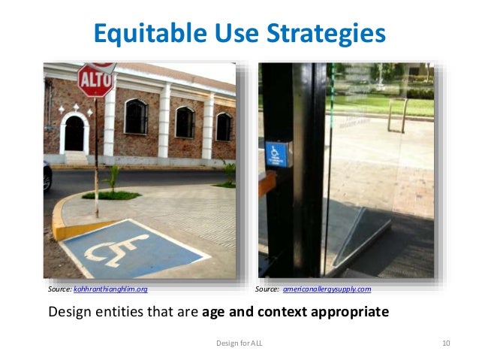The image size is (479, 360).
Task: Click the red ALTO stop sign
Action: click(95, 79)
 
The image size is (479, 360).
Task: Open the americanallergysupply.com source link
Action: click(326, 289)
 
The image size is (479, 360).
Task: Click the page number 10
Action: click(446, 343)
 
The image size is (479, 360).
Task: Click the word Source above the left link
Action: click(59, 289)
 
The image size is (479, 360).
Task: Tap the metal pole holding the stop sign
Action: click(96, 150)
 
